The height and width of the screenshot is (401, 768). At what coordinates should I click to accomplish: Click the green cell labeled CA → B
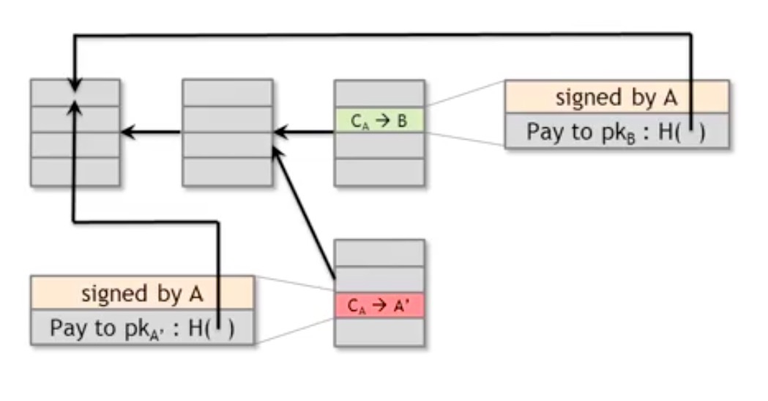379,121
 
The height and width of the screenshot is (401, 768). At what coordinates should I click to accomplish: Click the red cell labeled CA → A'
379,307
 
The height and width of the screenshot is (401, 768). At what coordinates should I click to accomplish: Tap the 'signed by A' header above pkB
616,97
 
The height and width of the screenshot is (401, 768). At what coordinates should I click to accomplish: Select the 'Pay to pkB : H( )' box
616,132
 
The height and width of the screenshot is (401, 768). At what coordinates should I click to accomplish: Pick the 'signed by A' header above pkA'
142,293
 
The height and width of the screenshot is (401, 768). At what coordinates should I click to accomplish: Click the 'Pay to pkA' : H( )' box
142,328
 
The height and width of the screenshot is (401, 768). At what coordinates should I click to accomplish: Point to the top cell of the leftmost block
75,92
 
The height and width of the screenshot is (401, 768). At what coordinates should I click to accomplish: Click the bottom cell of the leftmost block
75,172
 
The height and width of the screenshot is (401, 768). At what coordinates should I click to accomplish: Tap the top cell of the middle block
227,92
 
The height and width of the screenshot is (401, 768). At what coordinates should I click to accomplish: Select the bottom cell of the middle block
227,172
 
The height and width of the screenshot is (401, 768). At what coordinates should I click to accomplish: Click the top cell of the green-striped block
379,94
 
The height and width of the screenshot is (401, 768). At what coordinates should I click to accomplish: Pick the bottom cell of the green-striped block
379,173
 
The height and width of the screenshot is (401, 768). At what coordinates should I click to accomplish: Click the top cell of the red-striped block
379,252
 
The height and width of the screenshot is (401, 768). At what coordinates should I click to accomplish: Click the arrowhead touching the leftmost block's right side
127,132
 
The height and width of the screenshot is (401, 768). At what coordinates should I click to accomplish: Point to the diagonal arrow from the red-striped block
303,212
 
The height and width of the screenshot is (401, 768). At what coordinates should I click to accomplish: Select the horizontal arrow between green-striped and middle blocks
305,132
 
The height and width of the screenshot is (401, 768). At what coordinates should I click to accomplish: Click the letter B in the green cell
401,121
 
